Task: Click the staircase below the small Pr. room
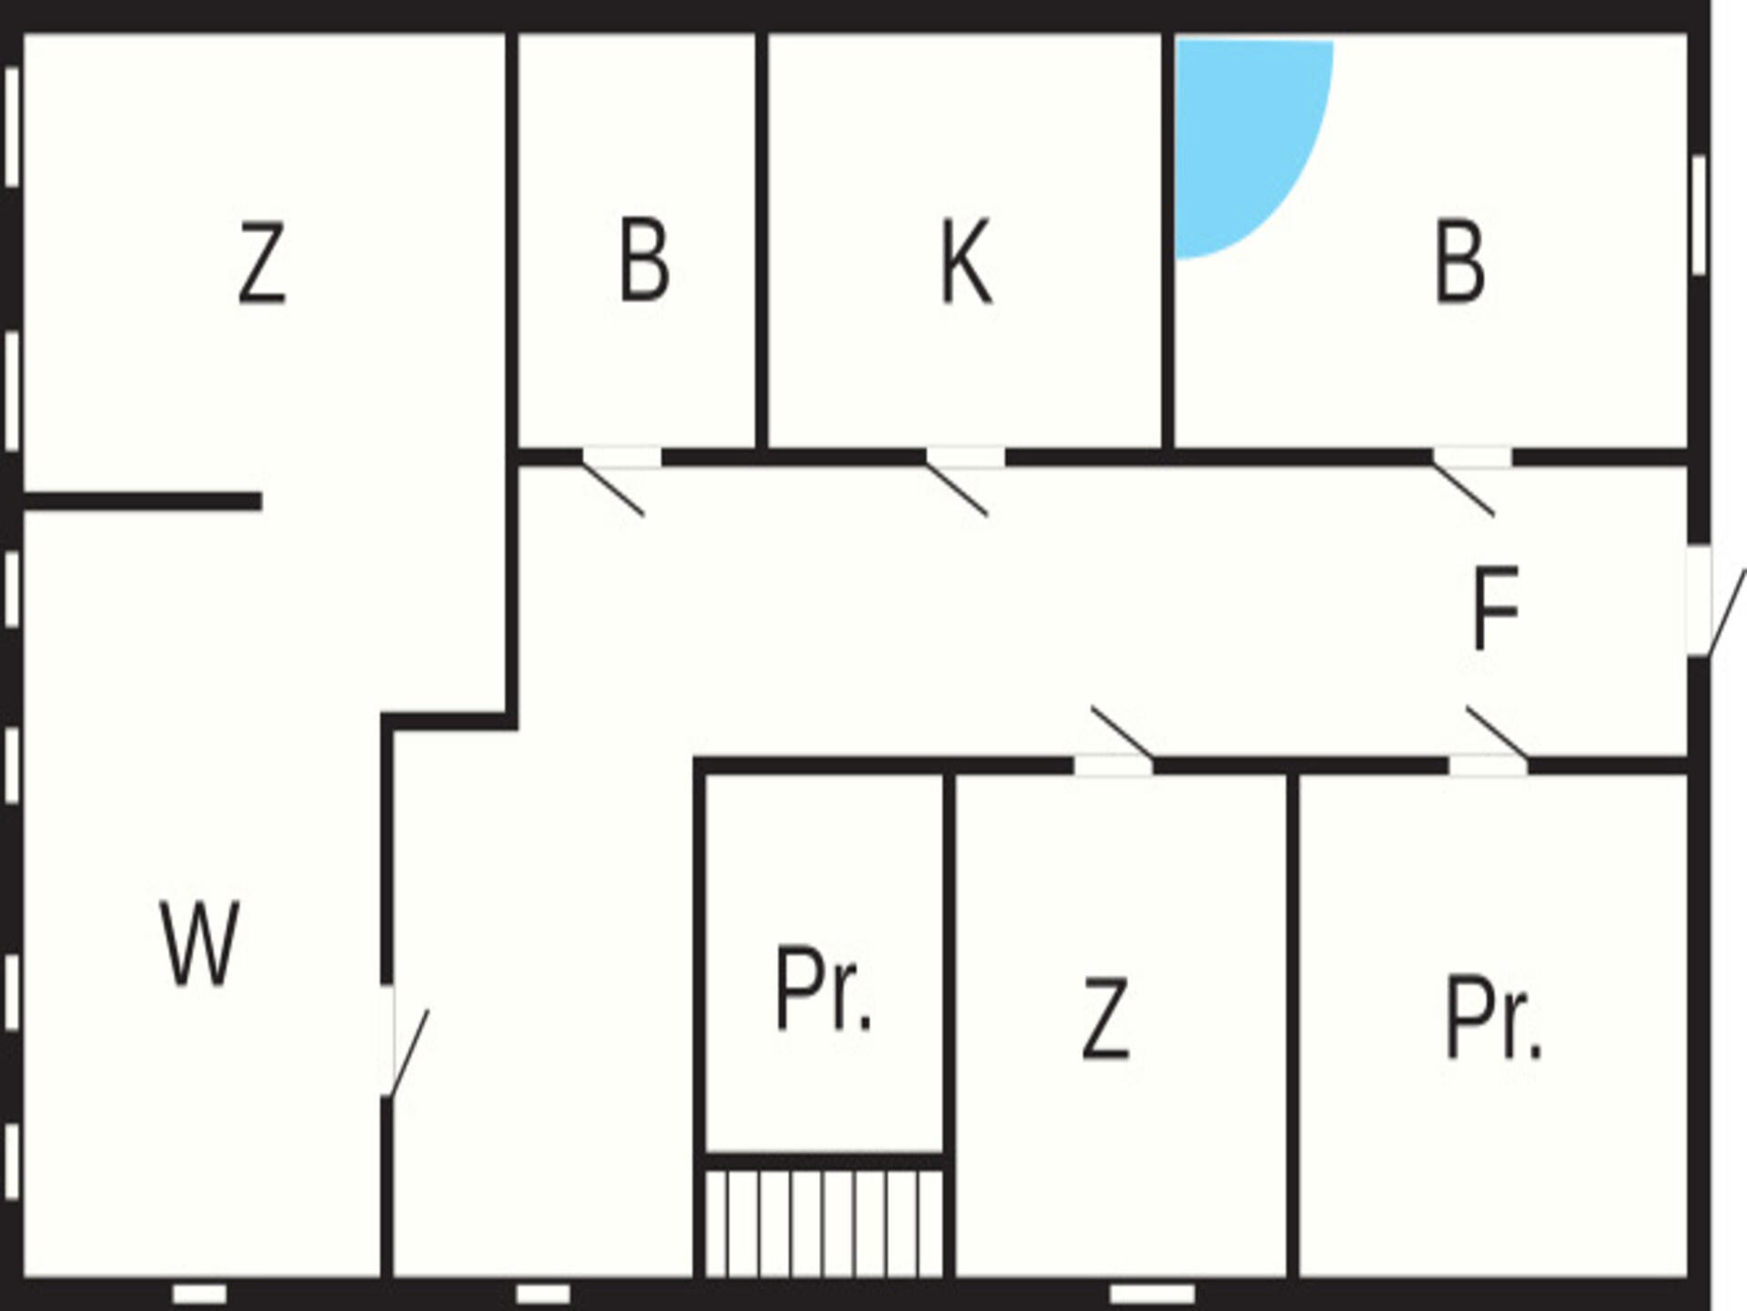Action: [824, 1224]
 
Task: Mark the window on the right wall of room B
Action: [1699, 215]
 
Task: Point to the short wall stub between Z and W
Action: [143, 502]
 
